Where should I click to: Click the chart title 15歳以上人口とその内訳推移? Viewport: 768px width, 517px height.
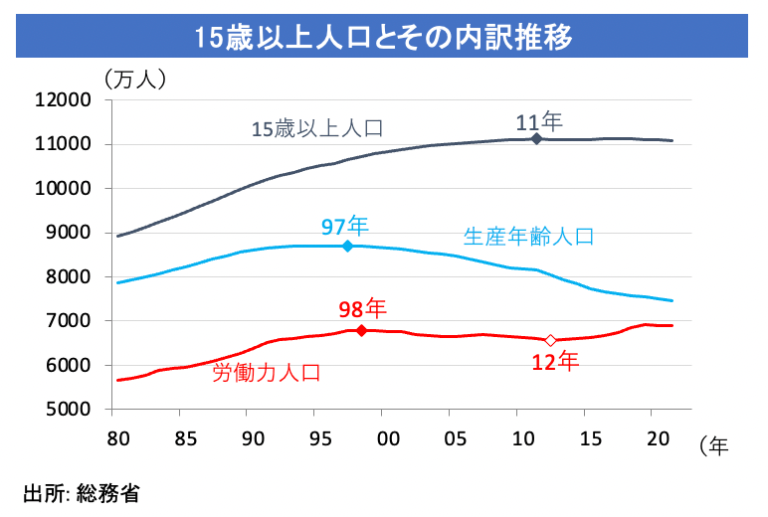tap(383, 37)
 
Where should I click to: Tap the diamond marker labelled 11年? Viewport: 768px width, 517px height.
tap(536, 138)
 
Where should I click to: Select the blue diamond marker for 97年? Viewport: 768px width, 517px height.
tap(347, 246)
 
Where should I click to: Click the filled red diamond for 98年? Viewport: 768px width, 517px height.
tap(361, 330)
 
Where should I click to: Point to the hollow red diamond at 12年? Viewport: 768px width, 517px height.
tap(550, 340)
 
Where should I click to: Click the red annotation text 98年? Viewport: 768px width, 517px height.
tap(362, 307)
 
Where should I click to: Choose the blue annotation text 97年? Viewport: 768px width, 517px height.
tap(344, 225)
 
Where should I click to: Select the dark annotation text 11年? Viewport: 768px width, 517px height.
tap(539, 121)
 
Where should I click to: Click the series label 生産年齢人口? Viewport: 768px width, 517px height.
tap(528, 237)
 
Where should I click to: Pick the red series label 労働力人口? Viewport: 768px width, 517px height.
tap(267, 373)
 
